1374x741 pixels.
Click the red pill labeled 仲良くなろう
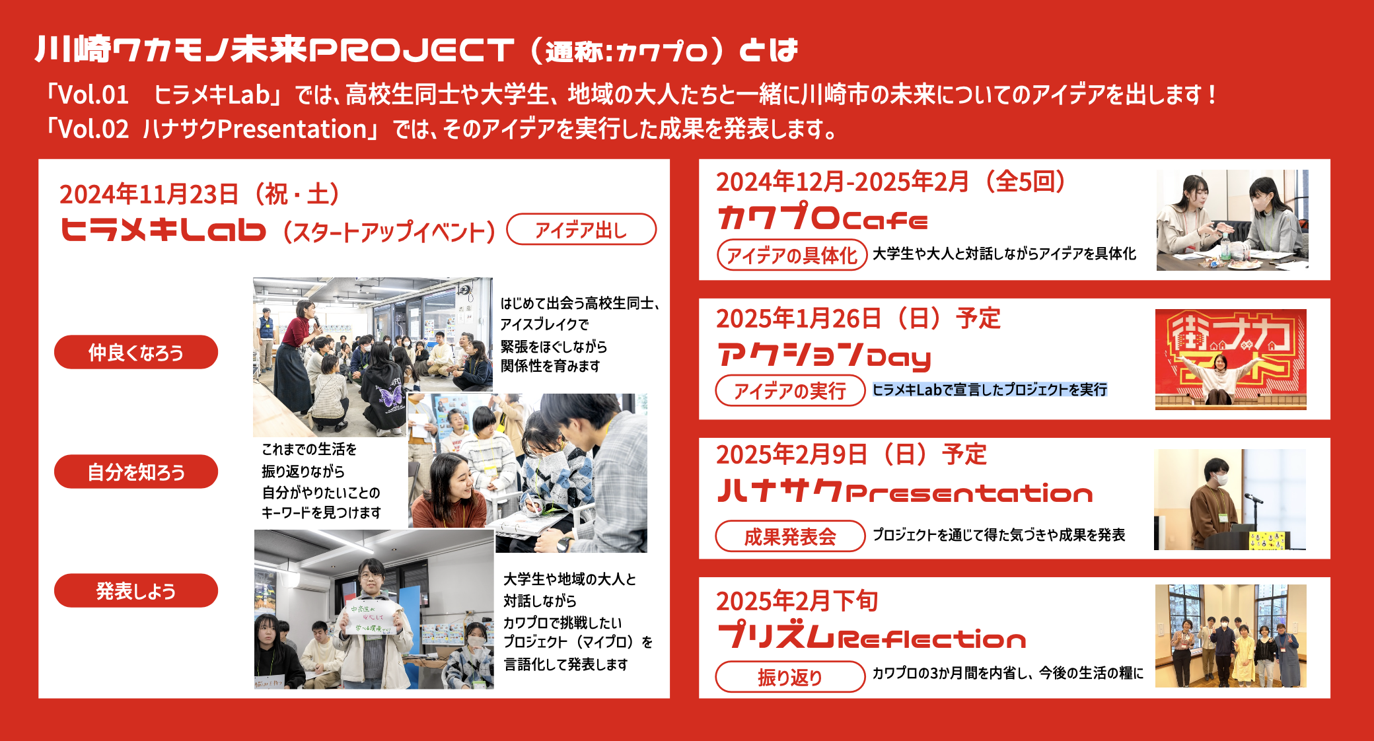tap(136, 352)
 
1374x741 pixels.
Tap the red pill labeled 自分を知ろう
tap(136, 472)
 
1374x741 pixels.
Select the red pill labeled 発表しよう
tap(136, 590)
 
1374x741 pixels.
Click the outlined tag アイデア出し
tap(581, 229)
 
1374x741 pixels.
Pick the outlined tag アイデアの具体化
tap(792, 255)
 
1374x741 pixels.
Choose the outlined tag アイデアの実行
tap(790, 390)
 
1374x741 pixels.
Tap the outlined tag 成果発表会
tap(790, 536)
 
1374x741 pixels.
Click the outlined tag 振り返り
tap(790, 676)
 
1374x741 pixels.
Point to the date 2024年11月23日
tap(149, 194)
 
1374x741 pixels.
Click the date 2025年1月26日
tap(799, 318)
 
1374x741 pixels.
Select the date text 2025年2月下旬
tap(797, 600)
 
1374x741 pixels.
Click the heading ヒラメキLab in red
tap(163, 230)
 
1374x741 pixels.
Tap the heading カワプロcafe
tap(823, 217)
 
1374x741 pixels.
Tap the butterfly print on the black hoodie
tap(388, 396)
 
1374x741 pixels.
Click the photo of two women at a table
tap(1232, 220)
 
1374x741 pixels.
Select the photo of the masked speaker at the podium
tap(1230, 499)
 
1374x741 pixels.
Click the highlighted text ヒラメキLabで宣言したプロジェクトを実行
tap(990, 390)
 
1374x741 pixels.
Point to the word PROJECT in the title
tap(412, 50)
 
